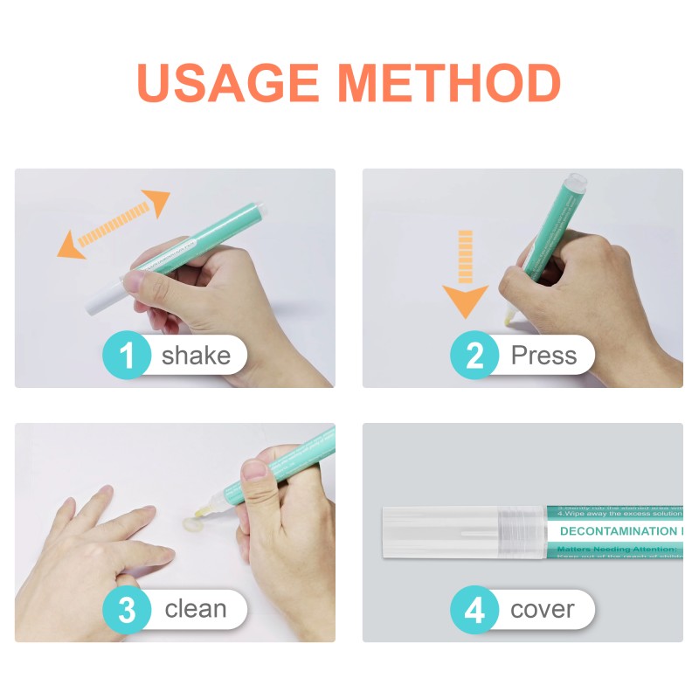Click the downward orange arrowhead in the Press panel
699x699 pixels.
465,301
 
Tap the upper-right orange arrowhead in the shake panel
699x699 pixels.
157,202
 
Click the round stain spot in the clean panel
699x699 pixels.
188,525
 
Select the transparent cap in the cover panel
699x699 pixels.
454,531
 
